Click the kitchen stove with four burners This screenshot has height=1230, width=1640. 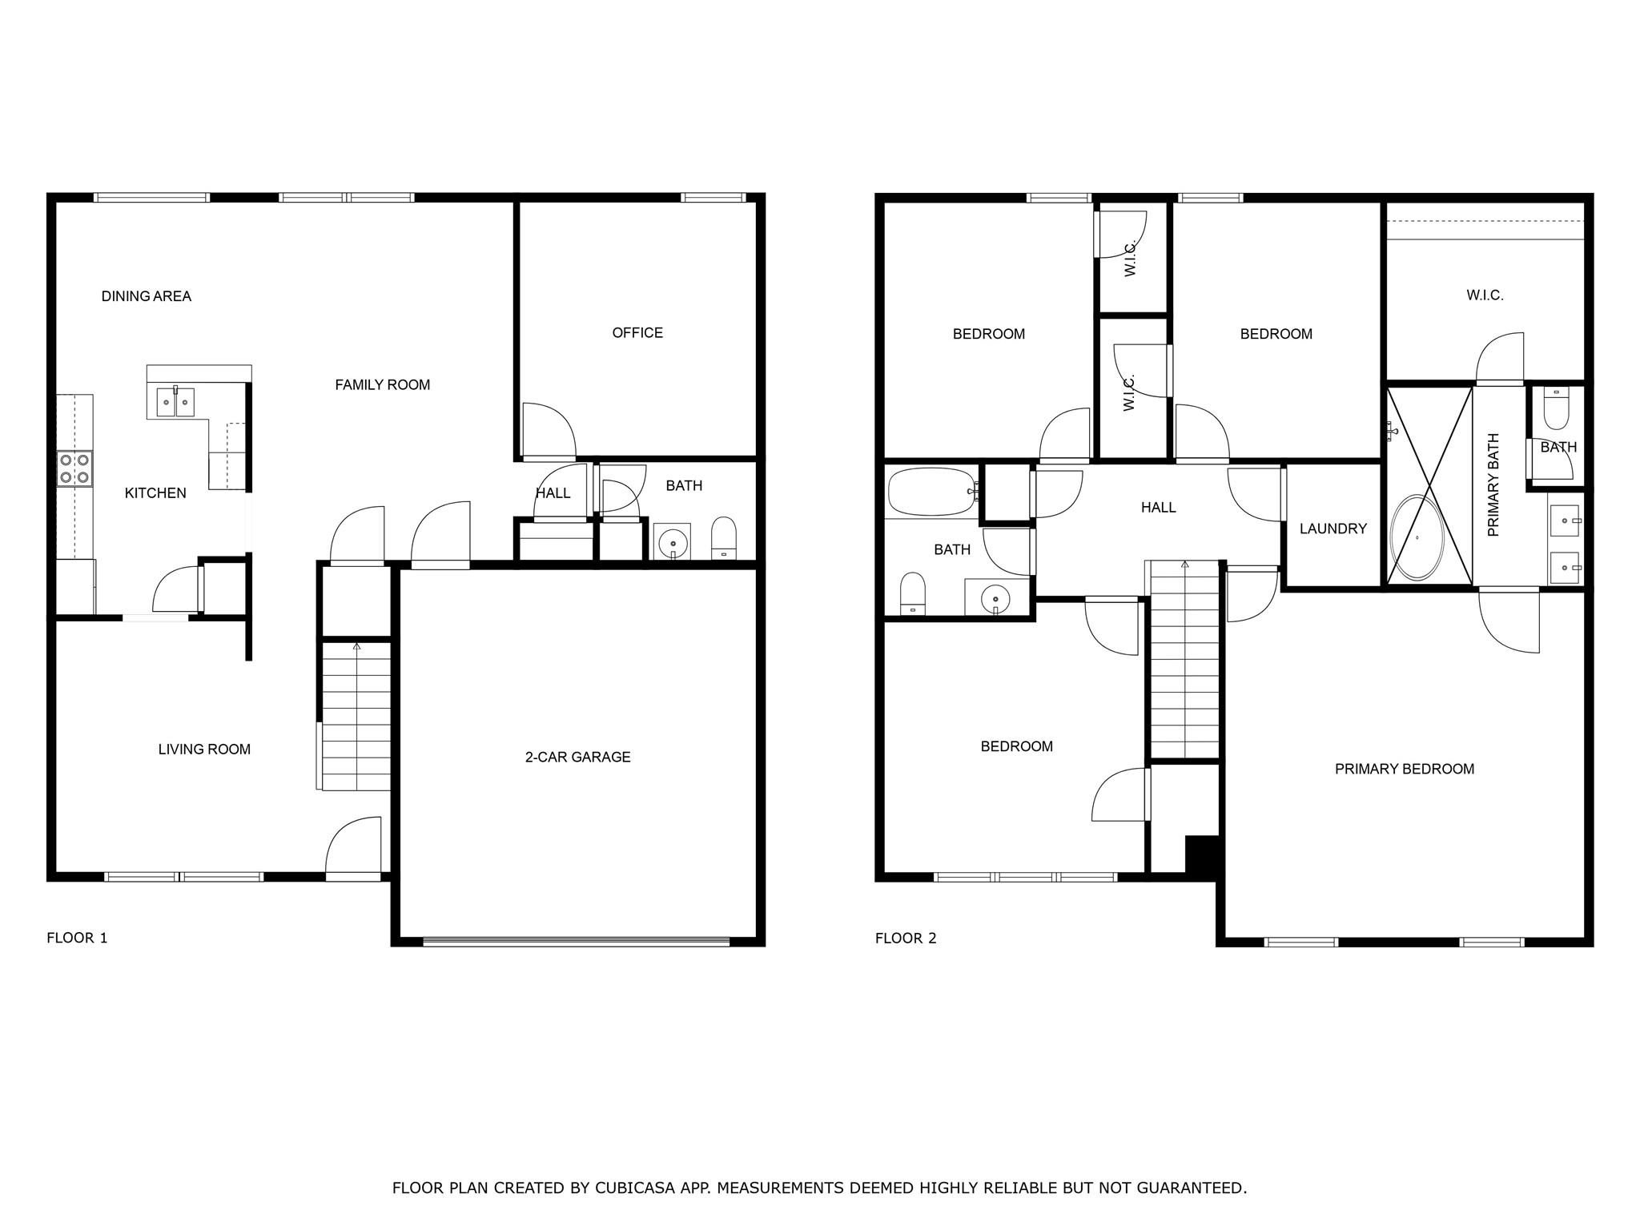[x=75, y=468]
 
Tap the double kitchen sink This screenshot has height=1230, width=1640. [x=175, y=401]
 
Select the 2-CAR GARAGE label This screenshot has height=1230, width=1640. [x=577, y=757]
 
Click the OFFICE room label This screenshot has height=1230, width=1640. [x=637, y=332]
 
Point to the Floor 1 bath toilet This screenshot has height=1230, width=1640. [x=724, y=537]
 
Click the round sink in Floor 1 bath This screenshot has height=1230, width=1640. [x=673, y=542]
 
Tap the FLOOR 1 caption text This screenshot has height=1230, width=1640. [x=77, y=938]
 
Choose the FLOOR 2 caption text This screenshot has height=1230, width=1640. [x=906, y=938]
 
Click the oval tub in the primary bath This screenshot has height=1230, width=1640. [x=1417, y=537]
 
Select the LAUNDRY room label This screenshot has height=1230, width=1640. [x=1333, y=529]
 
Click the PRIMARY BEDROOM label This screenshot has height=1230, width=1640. [x=1405, y=769]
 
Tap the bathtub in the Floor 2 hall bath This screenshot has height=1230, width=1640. [x=932, y=492]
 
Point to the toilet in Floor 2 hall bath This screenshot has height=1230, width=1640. [x=913, y=593]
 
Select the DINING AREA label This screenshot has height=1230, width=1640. [x=147, y=296]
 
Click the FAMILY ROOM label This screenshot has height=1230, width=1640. [x=383, y=385]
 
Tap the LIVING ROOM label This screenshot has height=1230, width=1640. [x=204, y=750]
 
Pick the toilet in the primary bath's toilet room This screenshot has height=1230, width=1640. [x=1556, y=410]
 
